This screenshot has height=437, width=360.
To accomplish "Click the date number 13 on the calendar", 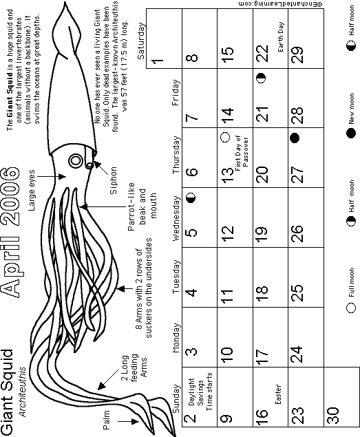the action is (228, 175).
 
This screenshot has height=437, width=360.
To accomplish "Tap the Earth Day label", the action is (281, 37).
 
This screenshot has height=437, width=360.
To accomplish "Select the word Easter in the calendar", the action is (278, 394).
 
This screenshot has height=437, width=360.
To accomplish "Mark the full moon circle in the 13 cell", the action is (225, 137).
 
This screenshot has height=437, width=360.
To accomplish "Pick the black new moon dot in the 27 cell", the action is (295, 138).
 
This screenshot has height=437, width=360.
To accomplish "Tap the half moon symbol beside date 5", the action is (191, 198).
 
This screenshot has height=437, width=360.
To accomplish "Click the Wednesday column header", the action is (176, 218).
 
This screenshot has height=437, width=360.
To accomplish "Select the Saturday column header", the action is (141, 41).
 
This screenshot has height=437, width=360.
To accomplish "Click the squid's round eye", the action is (76, 161).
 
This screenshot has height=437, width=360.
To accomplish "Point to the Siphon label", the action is (113, 180).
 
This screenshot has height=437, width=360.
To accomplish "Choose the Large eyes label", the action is (32, 190).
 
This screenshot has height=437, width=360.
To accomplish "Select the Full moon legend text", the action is (351, 282).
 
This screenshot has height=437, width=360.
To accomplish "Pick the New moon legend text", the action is (351, 109).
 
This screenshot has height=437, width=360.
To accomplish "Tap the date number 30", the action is (332, 415).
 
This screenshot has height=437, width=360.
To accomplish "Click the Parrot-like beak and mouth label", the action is (142, 206).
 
